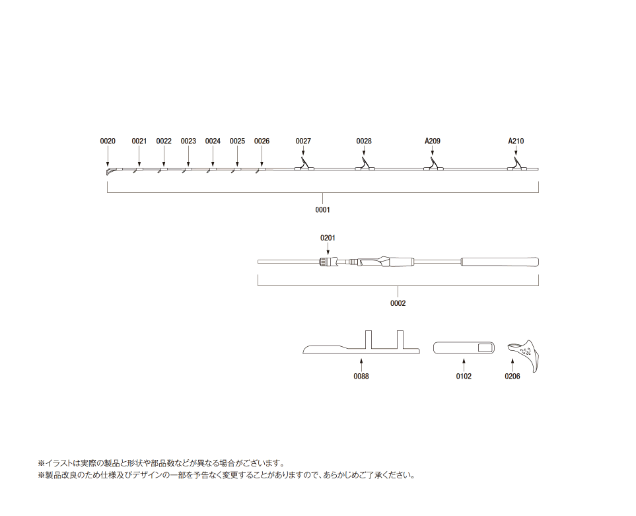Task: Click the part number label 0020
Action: point(108,141)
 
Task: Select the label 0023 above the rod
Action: point(188,141)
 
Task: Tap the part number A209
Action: point(433,141)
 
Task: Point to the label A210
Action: point(516,141)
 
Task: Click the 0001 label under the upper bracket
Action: point(322,209)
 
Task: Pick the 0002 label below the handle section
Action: point(398,303)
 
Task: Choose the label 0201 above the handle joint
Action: point(328,238)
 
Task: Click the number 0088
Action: point(361,376)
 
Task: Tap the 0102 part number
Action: point(464,376)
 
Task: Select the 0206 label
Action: point(512,376)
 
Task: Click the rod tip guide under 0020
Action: point(110,170)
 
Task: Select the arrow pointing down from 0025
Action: point(237,156)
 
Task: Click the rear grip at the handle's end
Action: point(500,262)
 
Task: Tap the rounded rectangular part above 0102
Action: point(464,348)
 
